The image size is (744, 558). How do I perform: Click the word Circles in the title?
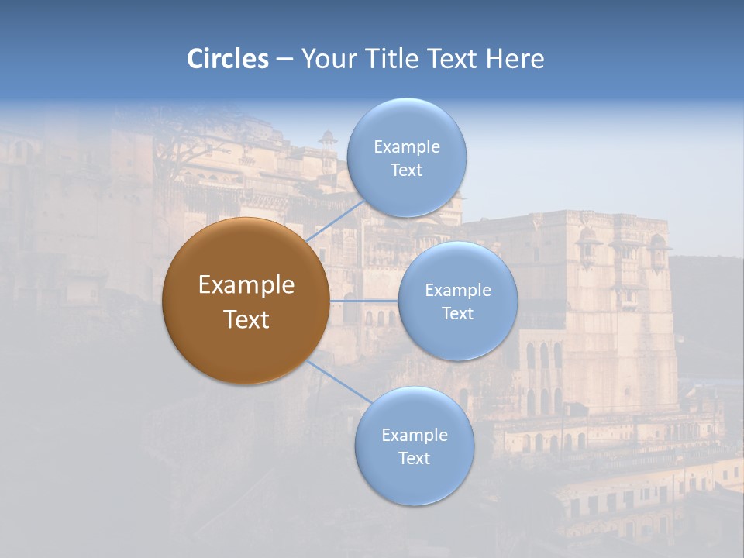228,59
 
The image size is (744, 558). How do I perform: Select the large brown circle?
245,301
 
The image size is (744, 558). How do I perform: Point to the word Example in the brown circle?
246,285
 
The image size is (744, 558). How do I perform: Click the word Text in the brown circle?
246,319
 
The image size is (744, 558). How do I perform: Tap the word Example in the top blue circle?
407,147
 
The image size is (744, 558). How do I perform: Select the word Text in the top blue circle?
407,170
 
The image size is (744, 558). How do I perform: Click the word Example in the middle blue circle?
458,291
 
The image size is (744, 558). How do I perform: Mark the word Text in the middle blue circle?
458,314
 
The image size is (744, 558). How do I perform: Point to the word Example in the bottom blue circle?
415,436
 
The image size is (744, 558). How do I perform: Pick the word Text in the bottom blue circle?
415,459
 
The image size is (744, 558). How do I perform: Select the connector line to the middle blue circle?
364,301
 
